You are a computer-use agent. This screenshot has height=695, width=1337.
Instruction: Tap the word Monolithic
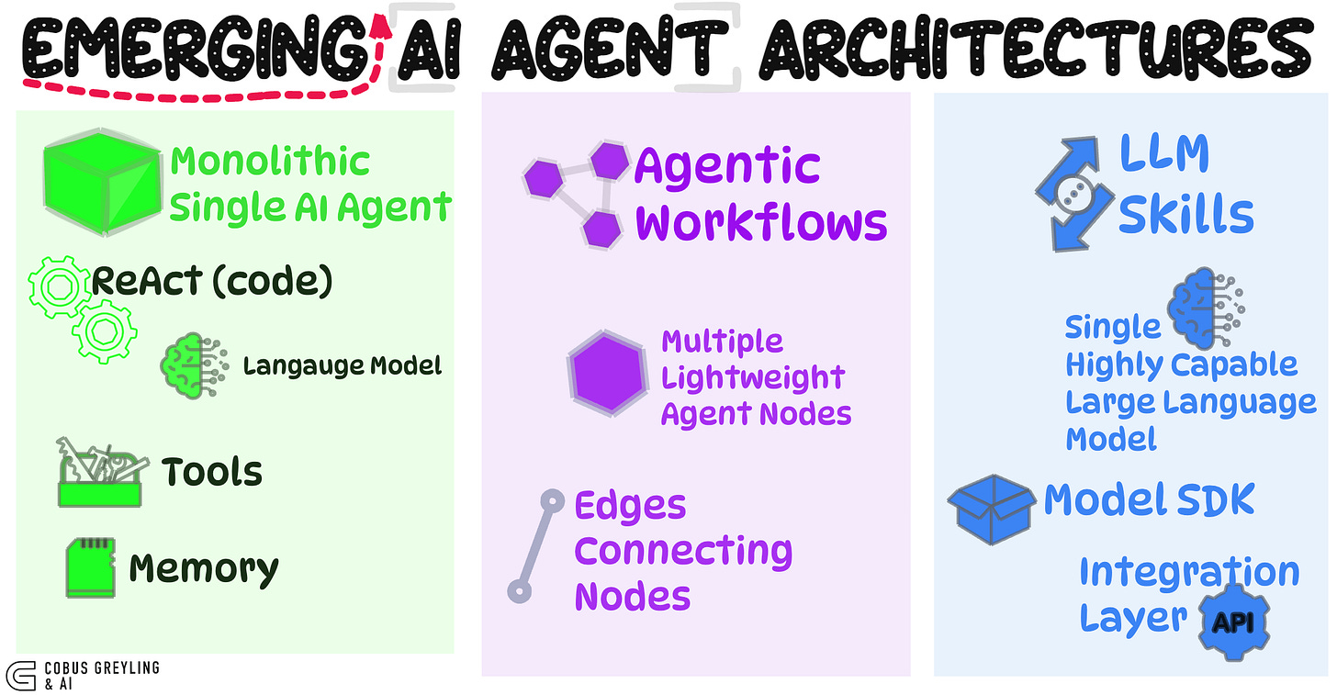pyautogui.click(x=270, y=162)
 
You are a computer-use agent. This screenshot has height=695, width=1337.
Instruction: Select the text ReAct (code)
pyautogui.click(x=211, y=282)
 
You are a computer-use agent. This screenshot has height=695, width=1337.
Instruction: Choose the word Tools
pyautogui.click(x=212, y=472)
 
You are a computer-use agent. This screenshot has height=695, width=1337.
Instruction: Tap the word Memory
pyautogui.click(x=204, y=569)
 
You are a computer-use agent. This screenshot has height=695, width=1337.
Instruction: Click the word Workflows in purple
pyautogui.click(x=761, y=223)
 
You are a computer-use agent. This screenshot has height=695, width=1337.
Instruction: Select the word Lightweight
pyautogui.click(x=753, y=377)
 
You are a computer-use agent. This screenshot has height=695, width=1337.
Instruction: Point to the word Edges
pyautogui.click(x=630, y=506)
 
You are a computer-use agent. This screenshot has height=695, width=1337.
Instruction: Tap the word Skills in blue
pyautogui.click(x=1185, y=215)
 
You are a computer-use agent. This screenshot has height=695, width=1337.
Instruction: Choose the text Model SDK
pyautogui.click(x=1149, y=500)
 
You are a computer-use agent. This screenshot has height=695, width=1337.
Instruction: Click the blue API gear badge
pyautogui.click(x=1235, y=622)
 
